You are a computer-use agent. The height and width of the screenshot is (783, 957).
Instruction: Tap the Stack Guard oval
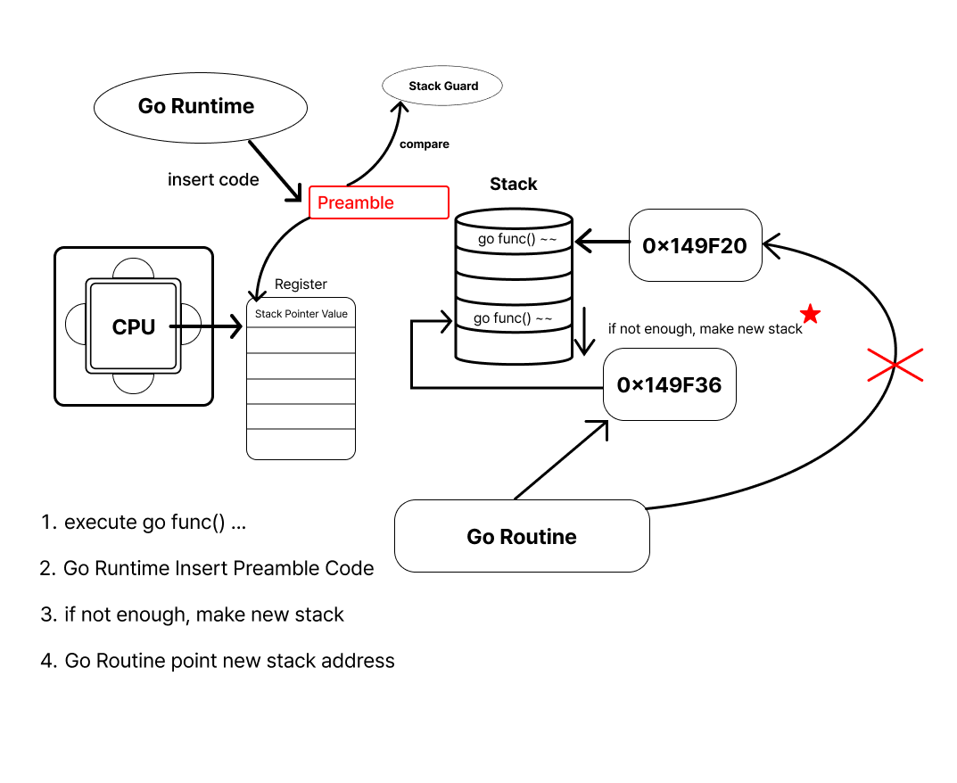click(x=443, y=87)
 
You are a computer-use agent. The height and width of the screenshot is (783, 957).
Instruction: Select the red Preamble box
click(x=378, y=202)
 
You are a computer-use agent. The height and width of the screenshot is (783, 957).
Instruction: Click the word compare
click(x=425, y=144)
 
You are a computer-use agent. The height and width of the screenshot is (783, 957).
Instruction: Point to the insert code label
click(x=213, y=179)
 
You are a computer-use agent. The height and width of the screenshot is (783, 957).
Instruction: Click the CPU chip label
click(x=134, y=327)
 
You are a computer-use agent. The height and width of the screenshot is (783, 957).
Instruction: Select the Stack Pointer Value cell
click(x=301, y=314)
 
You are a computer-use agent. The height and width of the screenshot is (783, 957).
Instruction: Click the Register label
click(x=301, y=284)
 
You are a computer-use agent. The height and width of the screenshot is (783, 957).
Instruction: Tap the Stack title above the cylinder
click(x=514, y=184)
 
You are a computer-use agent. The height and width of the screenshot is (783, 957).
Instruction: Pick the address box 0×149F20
click(x=696, y=245)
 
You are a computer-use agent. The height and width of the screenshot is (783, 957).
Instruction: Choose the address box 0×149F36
click(x=670, y=384)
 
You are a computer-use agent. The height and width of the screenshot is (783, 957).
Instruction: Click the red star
click(x=810, y=314)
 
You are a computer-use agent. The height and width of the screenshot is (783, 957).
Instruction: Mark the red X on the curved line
click(x=895, y=365)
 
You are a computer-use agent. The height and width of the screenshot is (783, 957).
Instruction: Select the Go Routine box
click(x=522, y=536)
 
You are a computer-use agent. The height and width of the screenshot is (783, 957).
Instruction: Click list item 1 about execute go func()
click(x=144, y=523)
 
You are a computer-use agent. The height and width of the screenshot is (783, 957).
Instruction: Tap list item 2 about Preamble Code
click(x=207, y=568)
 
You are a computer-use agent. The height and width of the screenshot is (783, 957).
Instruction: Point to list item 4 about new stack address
click(x=218, y=661)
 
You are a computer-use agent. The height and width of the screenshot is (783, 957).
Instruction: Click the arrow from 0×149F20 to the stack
click(x=602, y=241)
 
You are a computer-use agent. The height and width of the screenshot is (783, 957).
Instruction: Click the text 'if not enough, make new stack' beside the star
click(x=705, y=329)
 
